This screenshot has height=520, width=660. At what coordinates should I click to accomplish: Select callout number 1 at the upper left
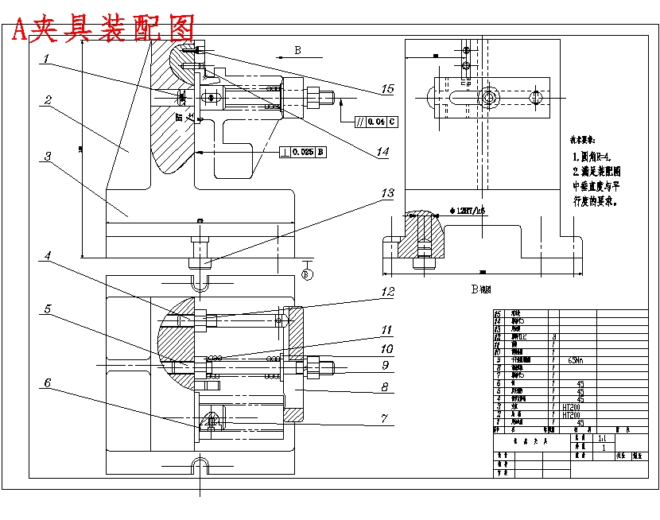pos(48,59)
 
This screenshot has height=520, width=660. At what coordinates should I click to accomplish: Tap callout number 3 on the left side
pos(48,157)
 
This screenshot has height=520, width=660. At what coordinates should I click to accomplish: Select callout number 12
pos(387,292)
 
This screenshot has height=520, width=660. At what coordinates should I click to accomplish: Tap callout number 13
pos(387,193)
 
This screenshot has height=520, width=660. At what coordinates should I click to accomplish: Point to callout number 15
pos(387,89)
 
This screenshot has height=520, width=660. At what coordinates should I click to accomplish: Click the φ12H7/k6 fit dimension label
pos(468,211)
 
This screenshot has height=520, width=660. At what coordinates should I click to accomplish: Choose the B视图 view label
pos(480,290)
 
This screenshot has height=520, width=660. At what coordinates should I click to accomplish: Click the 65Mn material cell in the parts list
pos(577,359)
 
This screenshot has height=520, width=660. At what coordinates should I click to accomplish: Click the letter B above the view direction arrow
pos(297,50)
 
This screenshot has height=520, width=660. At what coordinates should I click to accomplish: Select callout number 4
pos(48,256)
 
